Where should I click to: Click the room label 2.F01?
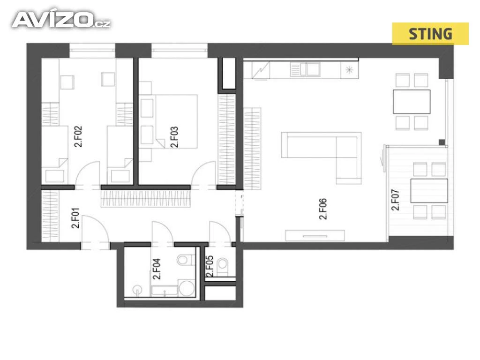(x=75, y=218)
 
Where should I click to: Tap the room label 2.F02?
(x=78, y=137)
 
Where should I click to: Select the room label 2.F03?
(x=174, y=137)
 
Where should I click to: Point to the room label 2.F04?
(x=157, y=269)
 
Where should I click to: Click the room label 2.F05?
(x=210, y=266)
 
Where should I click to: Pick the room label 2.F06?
(x=323, y=209)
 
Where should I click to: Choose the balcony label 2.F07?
(x=395, y=200)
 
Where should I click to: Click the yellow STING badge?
(x=430, y=34)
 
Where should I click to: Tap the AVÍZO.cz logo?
(x=61, y=20)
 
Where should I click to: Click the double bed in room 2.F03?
(x=176, y=121)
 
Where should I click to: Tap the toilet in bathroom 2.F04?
(x=186, y=260)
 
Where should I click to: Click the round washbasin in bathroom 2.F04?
(x=137, y=290)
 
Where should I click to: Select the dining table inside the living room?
(x=412, y=102)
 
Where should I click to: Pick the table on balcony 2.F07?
(x=429, y=191)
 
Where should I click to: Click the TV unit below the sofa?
(x=315, y=235)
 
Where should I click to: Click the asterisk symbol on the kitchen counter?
(x=349, y=70)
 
